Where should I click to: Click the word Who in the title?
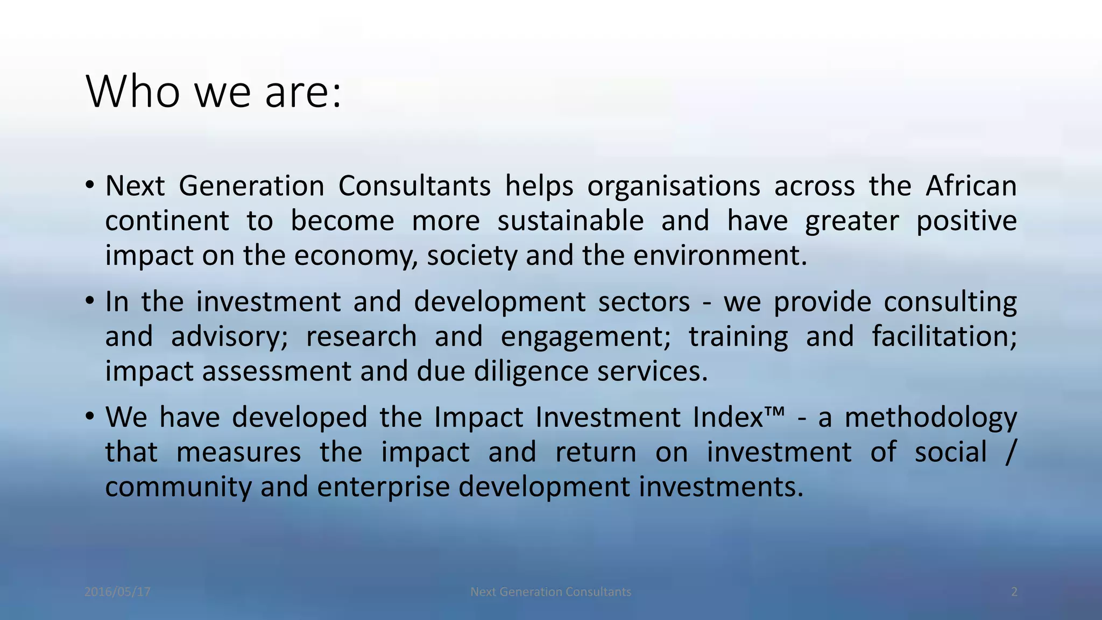click(133, 92)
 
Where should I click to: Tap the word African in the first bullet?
click(971, 186)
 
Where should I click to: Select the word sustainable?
click(570, 221)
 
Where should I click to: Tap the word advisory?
click(229, 337)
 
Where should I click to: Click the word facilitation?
click(944, 336)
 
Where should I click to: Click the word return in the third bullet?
click(596, 452)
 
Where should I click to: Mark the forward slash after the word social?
click(1009, 452)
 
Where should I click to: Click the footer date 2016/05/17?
click(117, 592)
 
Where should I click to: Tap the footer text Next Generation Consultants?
click(550, 592)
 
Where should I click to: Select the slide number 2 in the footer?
click(1014, 592)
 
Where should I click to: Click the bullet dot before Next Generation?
click(90, 186)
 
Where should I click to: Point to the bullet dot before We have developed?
click(90, 417)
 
